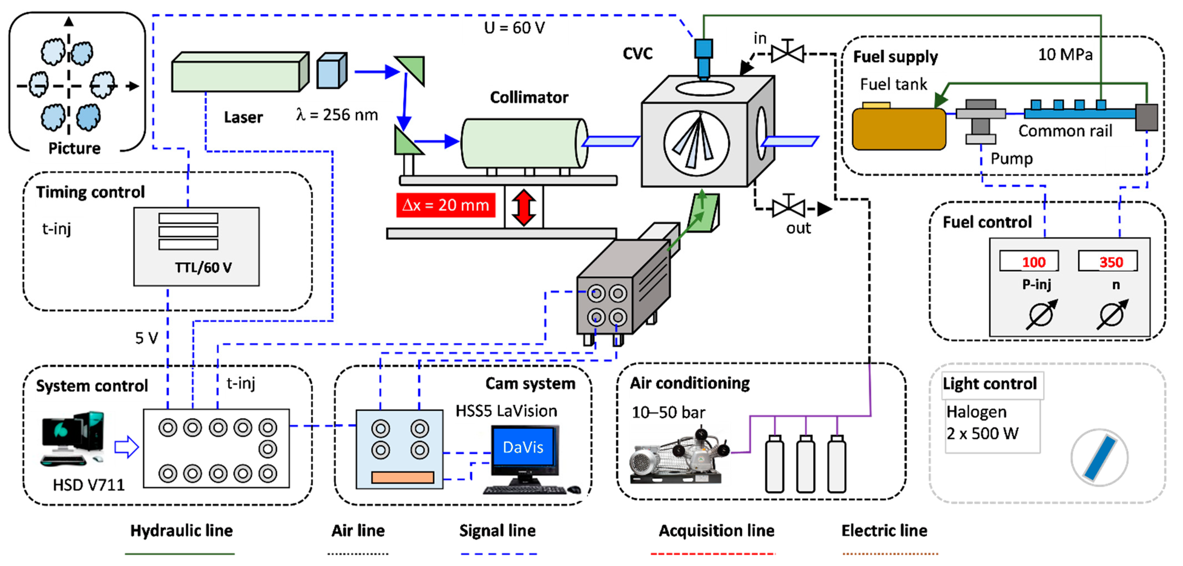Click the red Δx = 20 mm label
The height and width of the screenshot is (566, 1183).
(x=445, y=205)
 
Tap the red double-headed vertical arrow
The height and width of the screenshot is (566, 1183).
(x=524, y=208)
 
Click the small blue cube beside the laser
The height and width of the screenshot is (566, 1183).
(x=331, y=71)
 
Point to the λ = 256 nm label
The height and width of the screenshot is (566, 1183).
(x=337, y=115)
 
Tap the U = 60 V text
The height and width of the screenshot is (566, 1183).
(x=514, y=28)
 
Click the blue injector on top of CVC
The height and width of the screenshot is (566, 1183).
(x=703, y=59)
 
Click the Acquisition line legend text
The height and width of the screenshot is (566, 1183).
(x=716, y=531)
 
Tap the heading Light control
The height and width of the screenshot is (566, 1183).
(x=990, y=384)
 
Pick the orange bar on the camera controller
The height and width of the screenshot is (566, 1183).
(x=402, y=477)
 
